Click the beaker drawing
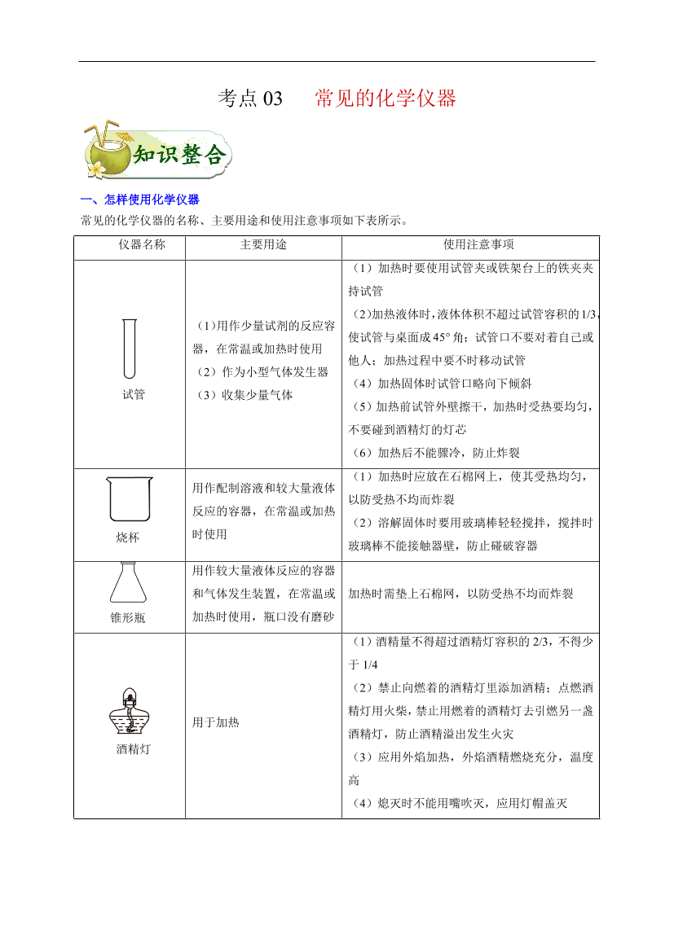tap(129, 498)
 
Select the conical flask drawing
tap(129, 583)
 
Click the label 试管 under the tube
tap(133, 395)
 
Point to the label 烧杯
tap(129, 538)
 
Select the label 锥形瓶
tap(128, 618)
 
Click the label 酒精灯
tap(133, 749)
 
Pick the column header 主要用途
tap(263, 244)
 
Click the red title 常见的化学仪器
tap(385, 99)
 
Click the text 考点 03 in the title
tap(250, 99)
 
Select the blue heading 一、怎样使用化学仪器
tap(140, 200)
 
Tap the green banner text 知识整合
tap(178, 155)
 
